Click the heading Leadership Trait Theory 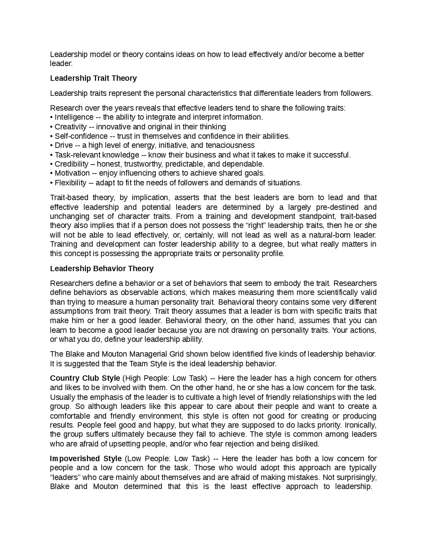93,78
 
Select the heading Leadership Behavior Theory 102,268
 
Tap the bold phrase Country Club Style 85,378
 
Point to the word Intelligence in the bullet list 74,117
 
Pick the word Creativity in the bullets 71,127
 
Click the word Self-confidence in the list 81,136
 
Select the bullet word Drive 64,145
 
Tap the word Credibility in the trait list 72,164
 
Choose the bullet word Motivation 72,173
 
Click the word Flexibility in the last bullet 71,183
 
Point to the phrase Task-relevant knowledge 97,155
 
